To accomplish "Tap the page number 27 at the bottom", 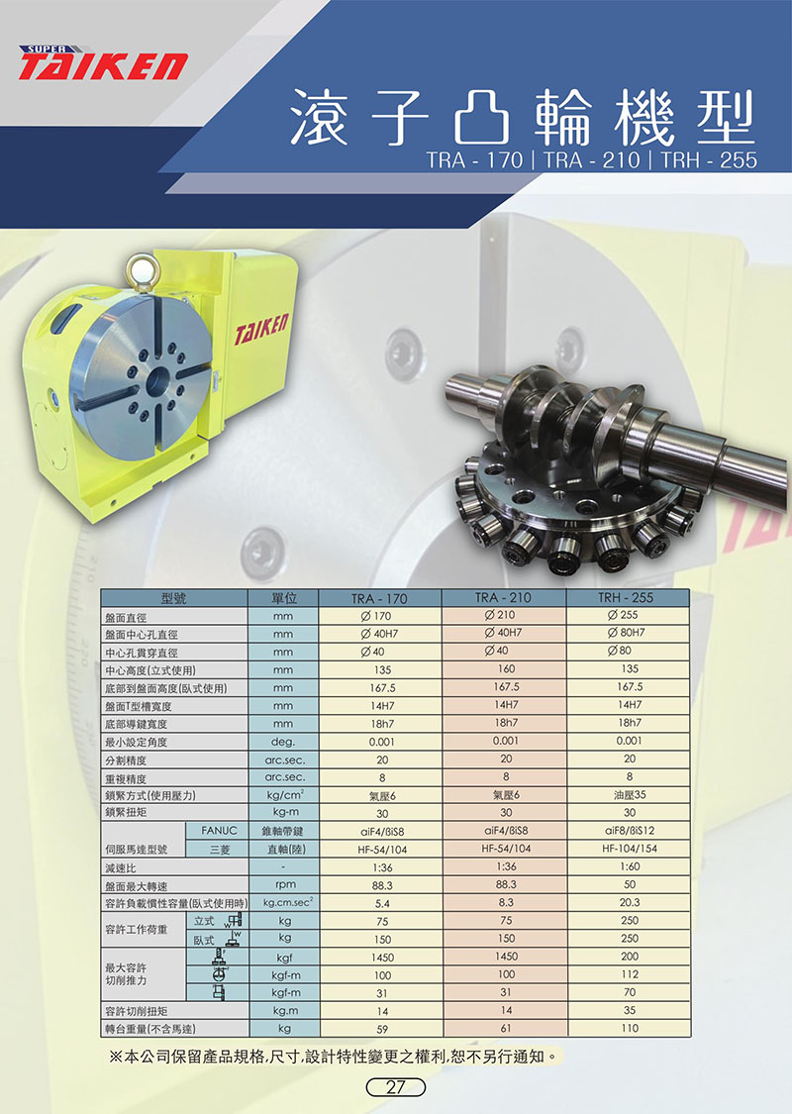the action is pyautogui.click(x=395, y=1087).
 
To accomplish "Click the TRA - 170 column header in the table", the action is pyautogui.click(x=379, y=598).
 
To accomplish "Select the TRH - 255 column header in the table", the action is pyautogui.click(x=626, y=597).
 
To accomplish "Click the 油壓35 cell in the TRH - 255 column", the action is pyautogui.click(x=630, y=794).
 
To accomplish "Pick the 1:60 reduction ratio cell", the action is pyautogui.click(x=630, y=866).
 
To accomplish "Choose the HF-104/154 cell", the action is pyautogui.click(x=630, y=849).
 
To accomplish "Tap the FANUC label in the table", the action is pyautogui.click(x=219, y=830).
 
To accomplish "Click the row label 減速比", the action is pyautogui.click(x=120, y=867).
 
